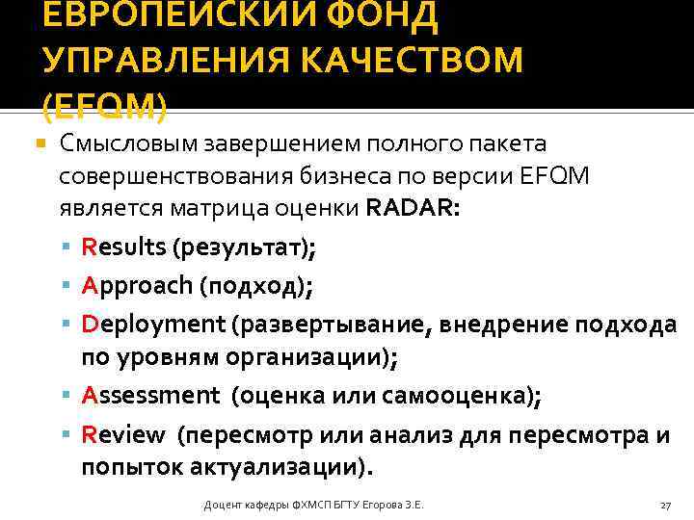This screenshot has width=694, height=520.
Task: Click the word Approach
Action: click(x=137, y=285)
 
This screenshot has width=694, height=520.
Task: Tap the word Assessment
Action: click(x=151, y=395)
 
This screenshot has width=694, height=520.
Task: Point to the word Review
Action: click(x=123, y=434)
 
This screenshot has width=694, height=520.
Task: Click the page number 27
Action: click(x=665, y=506)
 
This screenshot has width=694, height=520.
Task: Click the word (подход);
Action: click(x=255, y=286)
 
